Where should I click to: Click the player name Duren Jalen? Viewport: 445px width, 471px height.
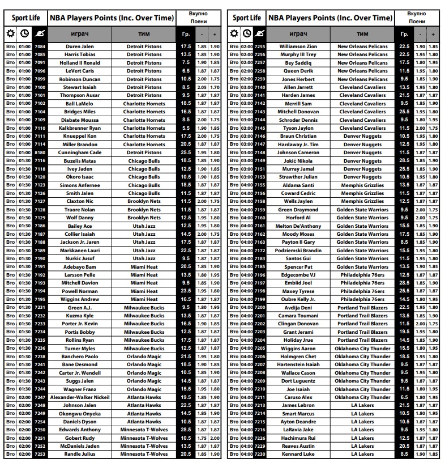click(x=80, y=46)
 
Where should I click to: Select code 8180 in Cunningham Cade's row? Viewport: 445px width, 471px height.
click(x=40, y=152)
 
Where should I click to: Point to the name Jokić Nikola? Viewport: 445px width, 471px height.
click(x=298, y=161)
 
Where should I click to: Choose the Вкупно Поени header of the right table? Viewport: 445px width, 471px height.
click(x=416, y=17)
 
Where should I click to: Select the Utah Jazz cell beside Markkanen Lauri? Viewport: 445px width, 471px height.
click(x=144, y=251)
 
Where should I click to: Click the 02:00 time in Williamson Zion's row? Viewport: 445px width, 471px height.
click(x=247, y=46)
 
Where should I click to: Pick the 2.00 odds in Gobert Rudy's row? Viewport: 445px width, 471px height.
click(x=215, y=438)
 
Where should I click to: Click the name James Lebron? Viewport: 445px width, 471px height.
click(x=298, y=406)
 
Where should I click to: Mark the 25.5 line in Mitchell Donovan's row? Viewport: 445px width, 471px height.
click(x=404, y=112)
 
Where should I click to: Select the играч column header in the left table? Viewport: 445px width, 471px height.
click(x=80, y=34)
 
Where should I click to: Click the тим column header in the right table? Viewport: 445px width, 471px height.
click(x=362, y=34)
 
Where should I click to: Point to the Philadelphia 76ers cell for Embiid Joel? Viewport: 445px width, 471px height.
click(x=362, y=283)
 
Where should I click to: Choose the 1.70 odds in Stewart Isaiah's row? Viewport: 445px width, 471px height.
click(x=215, y=87)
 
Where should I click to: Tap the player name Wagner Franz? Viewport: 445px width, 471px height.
click(x=80, y=389)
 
